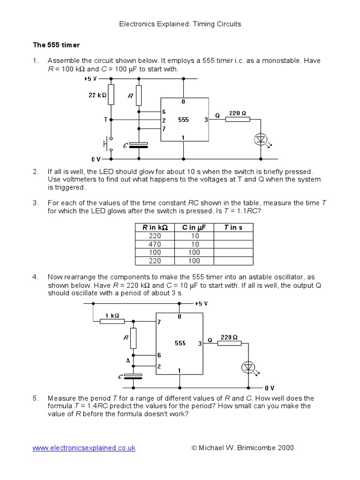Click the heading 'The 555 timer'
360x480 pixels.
click(56, 45)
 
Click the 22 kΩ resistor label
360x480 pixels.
click(97, 95)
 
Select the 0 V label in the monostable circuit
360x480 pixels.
click(96, 159)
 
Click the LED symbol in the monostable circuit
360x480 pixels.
click(260, 139)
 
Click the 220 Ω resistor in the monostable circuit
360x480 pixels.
click(238, 120)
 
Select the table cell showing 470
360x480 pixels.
click(155, 244)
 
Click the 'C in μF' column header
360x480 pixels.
click(194, 227)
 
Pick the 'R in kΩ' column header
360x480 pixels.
click(155, 227)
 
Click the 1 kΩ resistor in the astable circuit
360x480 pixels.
click(112, 321)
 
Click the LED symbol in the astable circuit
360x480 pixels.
click(247, 367)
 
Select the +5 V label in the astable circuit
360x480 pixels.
click(200, 303)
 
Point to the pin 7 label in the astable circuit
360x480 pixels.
click(159, 322)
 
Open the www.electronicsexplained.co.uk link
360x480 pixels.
click(84, 448)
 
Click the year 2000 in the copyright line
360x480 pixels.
click(285, 448)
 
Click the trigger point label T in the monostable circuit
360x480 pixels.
click(105, 120)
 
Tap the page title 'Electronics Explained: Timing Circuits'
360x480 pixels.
click(180, 23)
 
